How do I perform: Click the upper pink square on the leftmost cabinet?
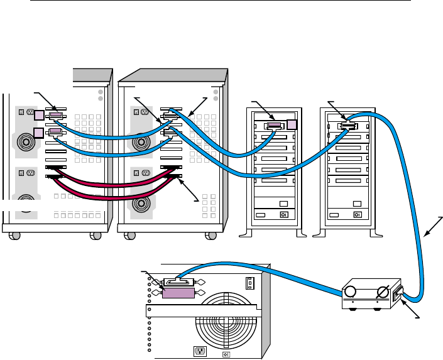[39, 115]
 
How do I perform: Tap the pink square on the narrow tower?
[291, 124]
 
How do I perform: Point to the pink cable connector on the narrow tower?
[274, 126]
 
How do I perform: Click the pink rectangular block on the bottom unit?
[178, 294]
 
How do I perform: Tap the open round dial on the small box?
[349, 292]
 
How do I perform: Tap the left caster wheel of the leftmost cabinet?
[16, 236]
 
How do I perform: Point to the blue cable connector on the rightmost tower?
[346, 126]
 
